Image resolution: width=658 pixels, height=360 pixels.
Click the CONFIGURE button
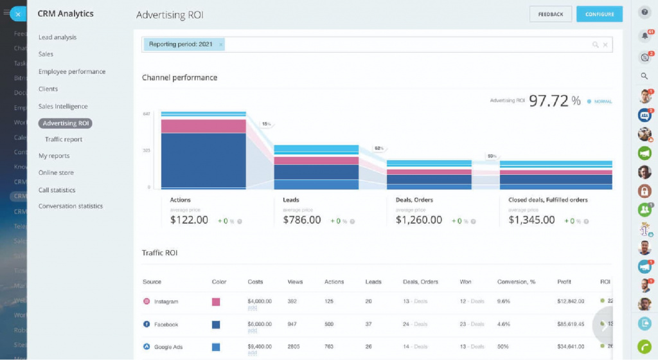[599, 14]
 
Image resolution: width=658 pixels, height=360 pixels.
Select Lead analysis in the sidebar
[57, 37]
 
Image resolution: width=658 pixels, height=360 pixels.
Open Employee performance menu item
[71, 71]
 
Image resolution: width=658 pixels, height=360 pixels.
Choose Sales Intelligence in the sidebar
[63, 106]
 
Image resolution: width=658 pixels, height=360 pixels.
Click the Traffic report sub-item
[64, 139]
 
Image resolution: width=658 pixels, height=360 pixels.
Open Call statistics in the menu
[57, 190]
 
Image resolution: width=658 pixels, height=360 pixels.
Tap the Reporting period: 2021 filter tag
[180, 44]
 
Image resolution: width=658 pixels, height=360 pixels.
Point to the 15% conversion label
[266, 124]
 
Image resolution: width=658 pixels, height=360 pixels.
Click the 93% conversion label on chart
[492, 156]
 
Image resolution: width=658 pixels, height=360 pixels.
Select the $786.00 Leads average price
[302, 220]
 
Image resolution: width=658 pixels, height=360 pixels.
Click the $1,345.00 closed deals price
[531, 220]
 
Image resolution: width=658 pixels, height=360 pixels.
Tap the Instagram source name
[166, 301]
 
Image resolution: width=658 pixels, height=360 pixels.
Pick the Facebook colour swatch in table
[216, 325]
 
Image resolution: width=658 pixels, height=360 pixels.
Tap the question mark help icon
[645, 12]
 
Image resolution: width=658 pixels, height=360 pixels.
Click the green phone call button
[645, 345]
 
